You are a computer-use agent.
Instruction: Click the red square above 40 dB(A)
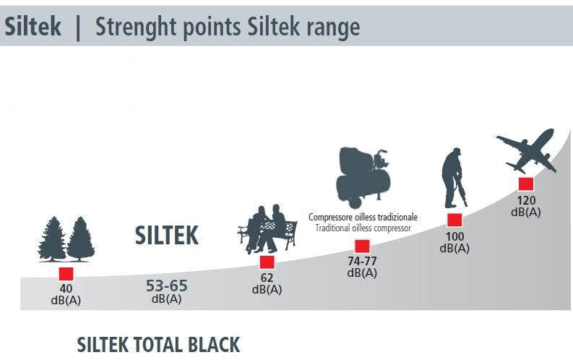(66, 274)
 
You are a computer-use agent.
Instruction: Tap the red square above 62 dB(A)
(267, 262)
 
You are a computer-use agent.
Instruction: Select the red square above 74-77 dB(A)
(362, 247)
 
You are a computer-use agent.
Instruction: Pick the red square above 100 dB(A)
(454, 220)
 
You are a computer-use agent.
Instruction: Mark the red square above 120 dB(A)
(525, 184)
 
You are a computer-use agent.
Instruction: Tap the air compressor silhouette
(364, 176)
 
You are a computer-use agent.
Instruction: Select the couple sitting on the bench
(267, 228)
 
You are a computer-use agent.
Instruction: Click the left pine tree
(53, 239)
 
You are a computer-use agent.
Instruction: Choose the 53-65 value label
(166, 285)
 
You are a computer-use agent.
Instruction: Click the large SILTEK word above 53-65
(166, 235)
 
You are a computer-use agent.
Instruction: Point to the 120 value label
(525, 200)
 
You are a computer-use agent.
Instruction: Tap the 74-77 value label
(362, 261)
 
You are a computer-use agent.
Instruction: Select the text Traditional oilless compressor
(363, 228)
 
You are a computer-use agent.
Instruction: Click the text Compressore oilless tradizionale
(363, 217)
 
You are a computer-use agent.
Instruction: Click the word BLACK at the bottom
(209, 344)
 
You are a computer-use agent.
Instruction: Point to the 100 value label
(454, 236)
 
